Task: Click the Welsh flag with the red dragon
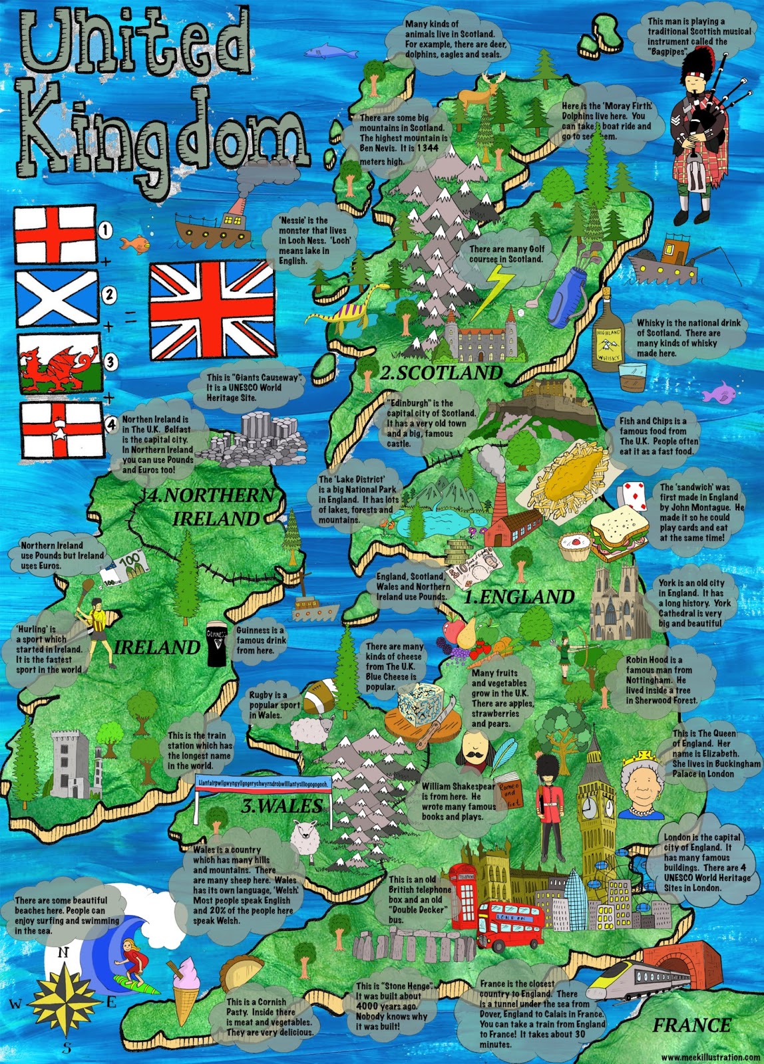pyautogui.click(x=59, y=364)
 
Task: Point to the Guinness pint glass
pyautogui.click(x=216, y=645)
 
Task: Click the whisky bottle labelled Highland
pyautogui.click(x=607, y=338)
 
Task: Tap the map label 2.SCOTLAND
pyautogui.click(x=441, y=372)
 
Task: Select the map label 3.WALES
pyautogui.click(x=282, y=807)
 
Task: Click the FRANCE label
pyautogui.click(x=691, y=1025)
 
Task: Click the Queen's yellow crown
pyautogui.click(x=644, y=757)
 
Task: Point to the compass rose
pyautogui.click(x=63, y=997)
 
